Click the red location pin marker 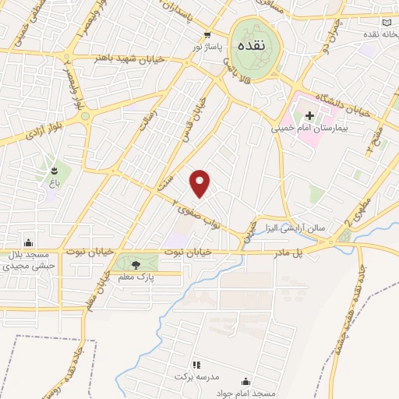point(200,182)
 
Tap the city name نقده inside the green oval point(254,45)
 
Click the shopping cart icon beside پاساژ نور point(207,35)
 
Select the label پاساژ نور point(208,48)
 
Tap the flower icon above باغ point(54,171)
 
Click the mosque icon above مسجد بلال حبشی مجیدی point(29,242)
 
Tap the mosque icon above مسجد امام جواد point(246,382)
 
